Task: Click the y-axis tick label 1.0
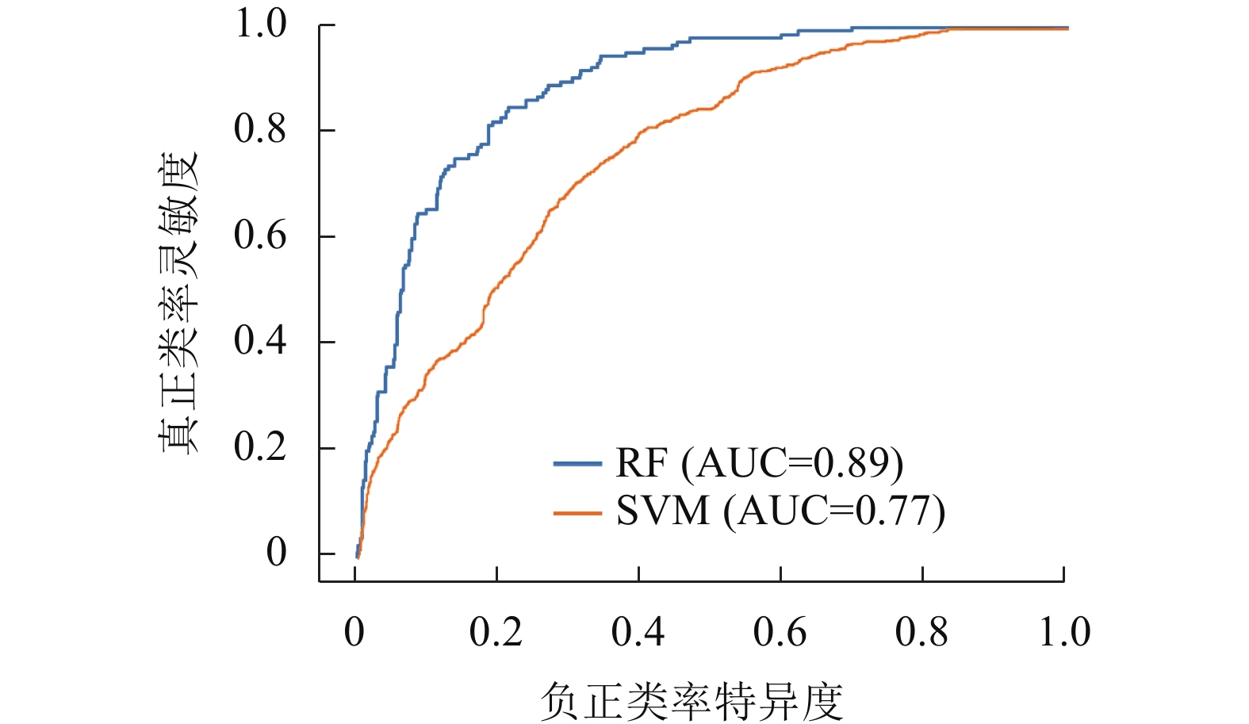click(x=259, y=24)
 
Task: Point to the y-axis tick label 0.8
click(x=259, y=129)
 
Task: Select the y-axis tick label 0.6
click(x=259, y=236)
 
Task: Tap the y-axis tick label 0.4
click(x=259, y=341)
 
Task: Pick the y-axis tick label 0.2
click(x=259, y=447)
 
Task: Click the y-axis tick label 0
click(x=276, y=553)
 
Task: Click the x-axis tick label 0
click(x=354, y=632)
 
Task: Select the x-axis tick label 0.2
click(x=496, y=632)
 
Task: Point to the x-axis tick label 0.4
click(x=638, y=632)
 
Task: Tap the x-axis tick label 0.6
click(x=780, y=632)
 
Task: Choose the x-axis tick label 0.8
click(x=921, y=632)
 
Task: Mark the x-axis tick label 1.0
click(x=1064, y=632)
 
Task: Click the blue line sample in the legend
click(x=577, y=463)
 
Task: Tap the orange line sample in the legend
click(x=577, y=512)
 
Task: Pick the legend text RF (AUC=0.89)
click(x=759, y=463)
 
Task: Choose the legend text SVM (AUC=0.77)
click(x=780, y=511)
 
